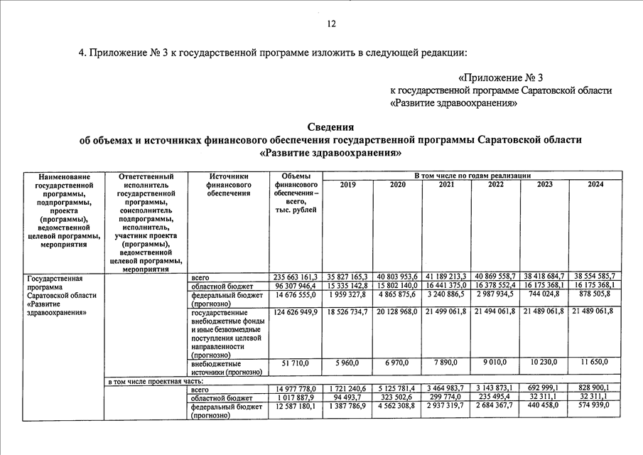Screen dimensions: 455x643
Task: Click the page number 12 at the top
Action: coord(331,24)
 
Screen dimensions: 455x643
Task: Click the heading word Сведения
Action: coord(331,127)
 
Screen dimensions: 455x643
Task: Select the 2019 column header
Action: coord(348,185)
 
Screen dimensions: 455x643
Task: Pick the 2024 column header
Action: coord(596,185)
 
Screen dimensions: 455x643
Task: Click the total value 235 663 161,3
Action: coord(296,277)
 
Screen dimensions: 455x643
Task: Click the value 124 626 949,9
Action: coord(296,312)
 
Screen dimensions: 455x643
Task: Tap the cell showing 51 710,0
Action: coord(296,363)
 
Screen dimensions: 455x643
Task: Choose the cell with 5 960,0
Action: coord(348,363)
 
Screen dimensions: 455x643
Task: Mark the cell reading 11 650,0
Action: coord(595,363)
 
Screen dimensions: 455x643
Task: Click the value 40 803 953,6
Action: coord(397,277)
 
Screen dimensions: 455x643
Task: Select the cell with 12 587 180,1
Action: coord(296,406)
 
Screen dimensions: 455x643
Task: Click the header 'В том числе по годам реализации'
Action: coord(472,175)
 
